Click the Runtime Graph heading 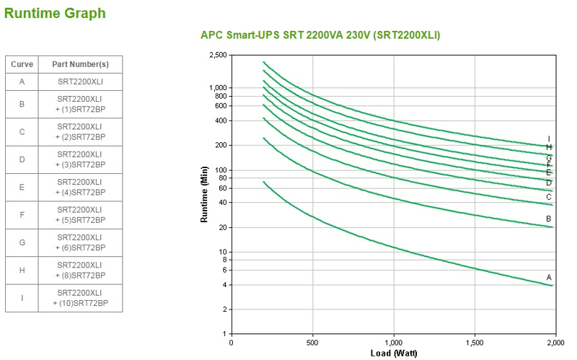[55, 13]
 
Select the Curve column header [22, 64]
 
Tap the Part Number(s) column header [79, 64]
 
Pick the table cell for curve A [22, 82]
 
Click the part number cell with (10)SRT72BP [79, 298]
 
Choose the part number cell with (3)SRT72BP [79, 159]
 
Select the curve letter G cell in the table [22, 242]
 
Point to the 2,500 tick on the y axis [217, 55]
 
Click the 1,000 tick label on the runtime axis [217, 88]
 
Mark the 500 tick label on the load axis [312, 343]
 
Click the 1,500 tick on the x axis [474, 343]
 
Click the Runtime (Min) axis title [205, 194]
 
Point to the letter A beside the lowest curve [549, 277]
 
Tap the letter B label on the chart [549, 219]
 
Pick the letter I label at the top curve [549, 139]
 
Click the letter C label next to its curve [549, 197]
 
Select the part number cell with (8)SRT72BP [79, 270]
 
